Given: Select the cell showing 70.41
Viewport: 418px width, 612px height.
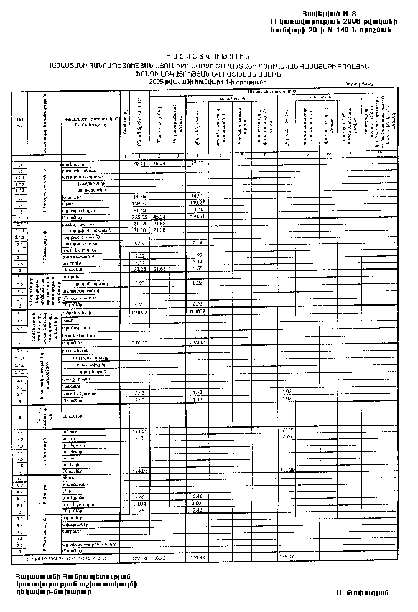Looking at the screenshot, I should (x=140, y=163).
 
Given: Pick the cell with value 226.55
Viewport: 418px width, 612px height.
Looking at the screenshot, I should (x=140, y=217).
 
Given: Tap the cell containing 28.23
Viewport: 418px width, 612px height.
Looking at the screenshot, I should (x=140, y=269).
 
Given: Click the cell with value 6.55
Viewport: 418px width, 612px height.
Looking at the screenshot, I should (x=198, y=269).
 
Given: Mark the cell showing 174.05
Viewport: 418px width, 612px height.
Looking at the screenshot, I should (x=140, y=471).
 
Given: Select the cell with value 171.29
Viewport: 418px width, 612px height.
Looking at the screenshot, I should (x=140, y=431).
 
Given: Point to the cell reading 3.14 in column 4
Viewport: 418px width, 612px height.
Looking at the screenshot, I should (x=198, y=263).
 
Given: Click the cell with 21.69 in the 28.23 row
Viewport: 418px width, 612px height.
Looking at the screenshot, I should (x=160, y=269).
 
